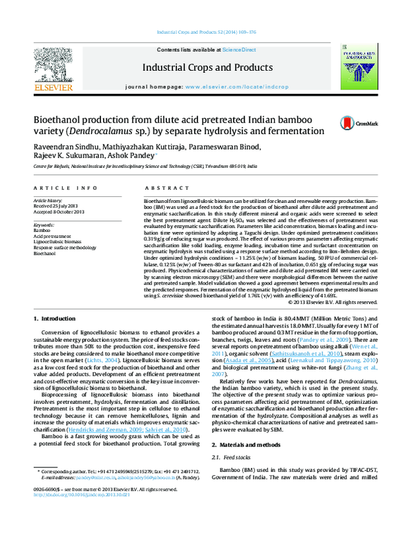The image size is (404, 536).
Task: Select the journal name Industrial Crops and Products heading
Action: pos(200,67)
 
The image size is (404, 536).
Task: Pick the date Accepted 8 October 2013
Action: pos(59,212)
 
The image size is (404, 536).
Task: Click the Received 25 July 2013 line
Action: pos(57,206)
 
